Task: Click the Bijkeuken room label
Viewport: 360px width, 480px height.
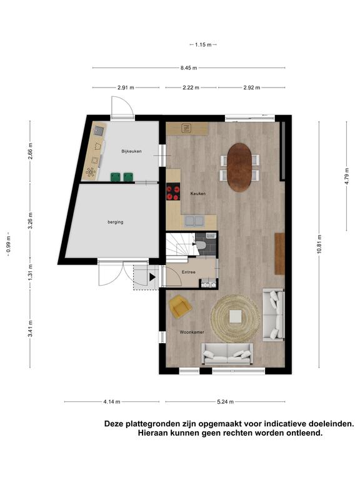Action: click(131, 151)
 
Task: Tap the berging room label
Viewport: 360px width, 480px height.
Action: click(116, 222)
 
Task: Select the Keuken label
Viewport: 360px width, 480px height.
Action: click(198, 194)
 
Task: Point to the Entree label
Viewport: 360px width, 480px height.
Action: click(189, 272)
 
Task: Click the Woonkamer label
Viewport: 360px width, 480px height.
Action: click(192, 332)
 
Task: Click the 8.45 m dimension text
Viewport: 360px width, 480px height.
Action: click(189, 67)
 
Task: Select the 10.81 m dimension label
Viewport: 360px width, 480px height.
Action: click(319, 244)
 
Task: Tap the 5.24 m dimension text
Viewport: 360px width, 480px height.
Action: click(225, 402)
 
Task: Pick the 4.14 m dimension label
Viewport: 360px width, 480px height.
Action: click(112, 402)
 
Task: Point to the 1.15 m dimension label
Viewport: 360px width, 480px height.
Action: click(203, 45)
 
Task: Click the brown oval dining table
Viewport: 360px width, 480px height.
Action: click(239, 167)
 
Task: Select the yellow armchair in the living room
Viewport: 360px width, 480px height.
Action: click(180, 306)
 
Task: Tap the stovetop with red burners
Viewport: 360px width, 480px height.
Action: click(173, 192)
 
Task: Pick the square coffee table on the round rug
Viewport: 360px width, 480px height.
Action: click(236, 316)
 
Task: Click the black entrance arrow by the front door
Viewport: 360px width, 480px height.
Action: click(152, 277)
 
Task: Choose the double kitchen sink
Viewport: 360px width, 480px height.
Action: click(195, 221)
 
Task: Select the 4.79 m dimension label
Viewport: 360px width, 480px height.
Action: click(347, 176)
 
